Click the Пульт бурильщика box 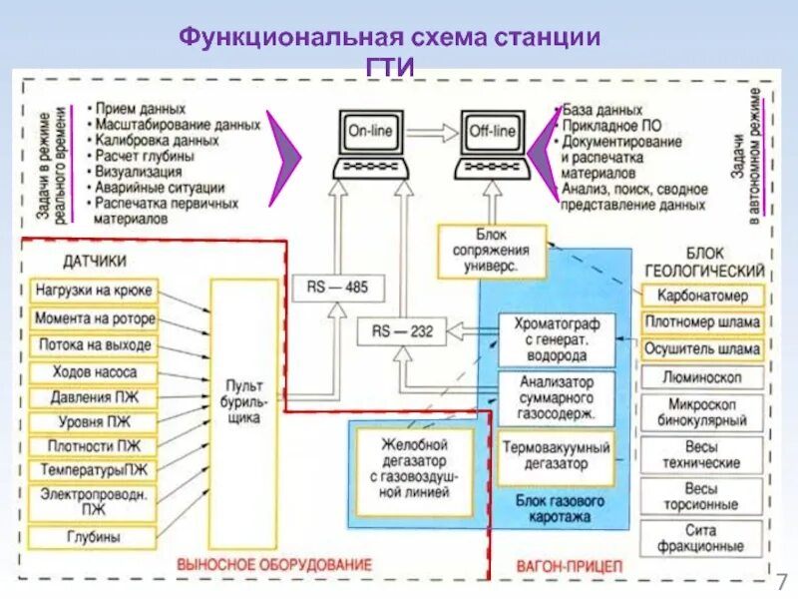pos(243,401)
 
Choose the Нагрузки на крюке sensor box pos(94,291)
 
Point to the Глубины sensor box pos(94,537)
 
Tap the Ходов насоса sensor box pos(94,371)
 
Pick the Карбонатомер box pos(702,296)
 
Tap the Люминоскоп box pos(702,376)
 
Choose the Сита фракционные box pos(702,538)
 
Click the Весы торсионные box pos(702,496)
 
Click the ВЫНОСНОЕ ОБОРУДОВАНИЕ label pos(273,565)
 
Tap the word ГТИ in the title pos(389,66)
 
